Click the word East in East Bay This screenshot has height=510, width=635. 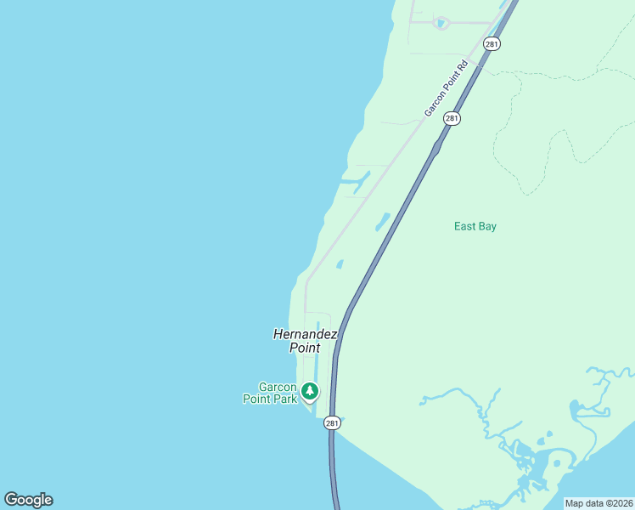click(x=465, y=226)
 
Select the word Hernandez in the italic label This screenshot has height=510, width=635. click(x=305, y=334)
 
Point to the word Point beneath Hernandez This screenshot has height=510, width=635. click(x=305, y=348)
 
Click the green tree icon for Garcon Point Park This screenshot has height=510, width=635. click(x=311, y=391)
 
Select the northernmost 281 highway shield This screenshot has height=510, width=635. click(x=492, y=43)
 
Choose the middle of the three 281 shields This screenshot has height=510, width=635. click(x=452, y=119)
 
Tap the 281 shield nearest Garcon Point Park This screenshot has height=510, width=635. click(x=332, y=422)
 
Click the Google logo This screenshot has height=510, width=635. click(x=28, y=500)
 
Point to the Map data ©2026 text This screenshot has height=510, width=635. click(x=598, y=503)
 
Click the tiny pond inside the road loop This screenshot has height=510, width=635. click(x=440, y=23)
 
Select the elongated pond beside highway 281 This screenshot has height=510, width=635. click(x=383, y=222)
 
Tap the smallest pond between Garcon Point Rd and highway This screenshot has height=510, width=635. click(x=340, y=264)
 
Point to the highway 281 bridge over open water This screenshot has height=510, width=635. click(x=332, y=476)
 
